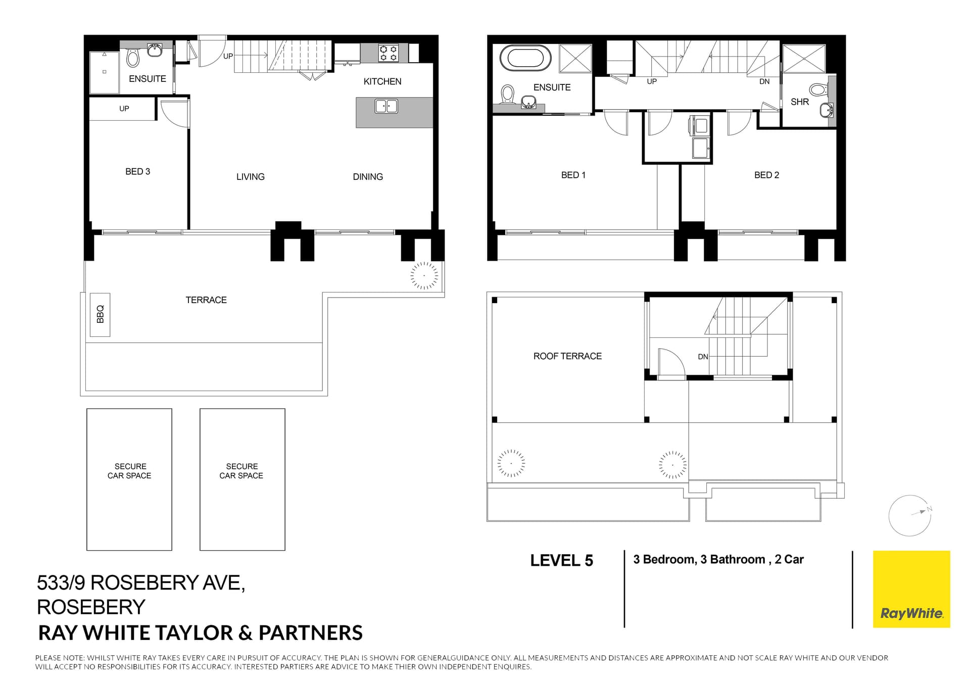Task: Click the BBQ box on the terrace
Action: [x=100, y=315]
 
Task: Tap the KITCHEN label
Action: [x=382, y=81]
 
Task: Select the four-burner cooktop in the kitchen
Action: [x=389, y=53]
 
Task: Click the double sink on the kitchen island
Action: [x=386, y=106]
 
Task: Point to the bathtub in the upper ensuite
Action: [x=529, y=58]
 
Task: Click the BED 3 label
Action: [x=138, y=172]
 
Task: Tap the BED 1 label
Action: [x=573, y=175]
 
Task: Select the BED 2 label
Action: [x=766, y=175]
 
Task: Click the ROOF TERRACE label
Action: [x=567, y=356]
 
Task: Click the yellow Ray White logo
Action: [x=911, y=589]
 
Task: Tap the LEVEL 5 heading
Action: [x=562, y=560]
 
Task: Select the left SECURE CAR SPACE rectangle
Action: [x=129, y=479]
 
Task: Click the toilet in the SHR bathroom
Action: [x=819, y=90]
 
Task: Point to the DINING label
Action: [x=368, y=177]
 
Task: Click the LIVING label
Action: [x=251, y=177]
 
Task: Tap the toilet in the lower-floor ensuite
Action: [x=133, y=58]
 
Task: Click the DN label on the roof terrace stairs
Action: [x=703, y=357]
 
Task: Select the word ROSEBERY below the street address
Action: [x=91, y=607]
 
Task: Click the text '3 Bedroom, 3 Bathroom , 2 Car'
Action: [x=718, y=559]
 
